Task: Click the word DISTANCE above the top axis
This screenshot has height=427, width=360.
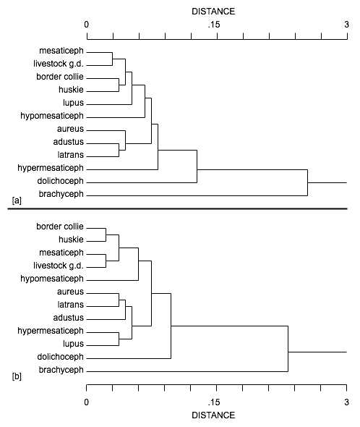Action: point(213,12)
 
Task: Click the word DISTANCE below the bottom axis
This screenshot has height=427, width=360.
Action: point(213,415)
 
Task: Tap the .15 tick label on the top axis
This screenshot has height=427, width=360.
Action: point(213,25)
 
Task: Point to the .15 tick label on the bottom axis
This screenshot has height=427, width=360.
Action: point(213,402)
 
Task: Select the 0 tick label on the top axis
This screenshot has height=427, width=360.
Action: point(86,25)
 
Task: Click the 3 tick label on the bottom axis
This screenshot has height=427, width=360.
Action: point(346,402)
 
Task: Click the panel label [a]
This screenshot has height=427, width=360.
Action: point(17,200)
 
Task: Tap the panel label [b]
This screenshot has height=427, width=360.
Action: point(17,376)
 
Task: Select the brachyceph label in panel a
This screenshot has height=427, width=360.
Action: point(61,194)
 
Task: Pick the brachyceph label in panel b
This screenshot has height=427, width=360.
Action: point(61,370)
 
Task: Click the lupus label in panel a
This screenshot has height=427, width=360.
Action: point(73,103)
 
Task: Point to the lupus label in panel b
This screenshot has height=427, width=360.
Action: point(73,344)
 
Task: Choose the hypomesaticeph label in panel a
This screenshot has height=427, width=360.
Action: point(52,116)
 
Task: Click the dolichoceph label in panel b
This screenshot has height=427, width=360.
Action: point(61,357)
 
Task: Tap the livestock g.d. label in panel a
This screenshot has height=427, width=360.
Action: point(59,64)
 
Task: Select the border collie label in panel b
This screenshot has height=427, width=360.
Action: point(60,227)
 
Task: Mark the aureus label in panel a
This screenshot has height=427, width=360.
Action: point(70,129)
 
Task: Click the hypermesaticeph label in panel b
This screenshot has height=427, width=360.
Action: point(51,331)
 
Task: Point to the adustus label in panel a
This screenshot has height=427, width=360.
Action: point(68,142)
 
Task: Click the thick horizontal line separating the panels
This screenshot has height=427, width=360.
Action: point(177,209)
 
